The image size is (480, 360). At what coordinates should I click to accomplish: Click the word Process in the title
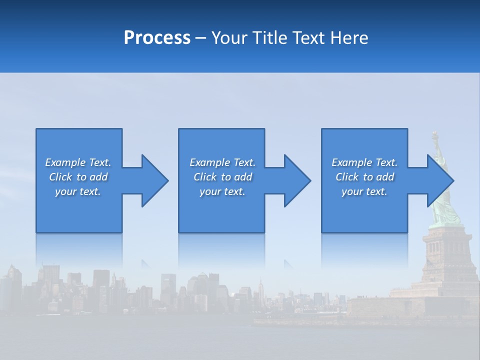coord(157,37)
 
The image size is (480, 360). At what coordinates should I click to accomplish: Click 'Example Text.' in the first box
coord(78,162)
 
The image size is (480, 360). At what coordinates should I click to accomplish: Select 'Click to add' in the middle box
coord(222,177)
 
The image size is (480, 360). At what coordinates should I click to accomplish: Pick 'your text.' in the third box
coord(364,191)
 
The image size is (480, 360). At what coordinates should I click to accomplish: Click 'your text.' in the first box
coord(78,191)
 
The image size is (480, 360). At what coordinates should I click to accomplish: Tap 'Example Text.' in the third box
coord(364,162)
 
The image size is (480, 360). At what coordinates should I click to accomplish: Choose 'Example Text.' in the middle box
coord(222,162)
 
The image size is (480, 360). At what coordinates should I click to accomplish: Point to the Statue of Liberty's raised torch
coord(434,135)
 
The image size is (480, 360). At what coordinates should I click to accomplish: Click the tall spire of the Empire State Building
coord(260,285)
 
